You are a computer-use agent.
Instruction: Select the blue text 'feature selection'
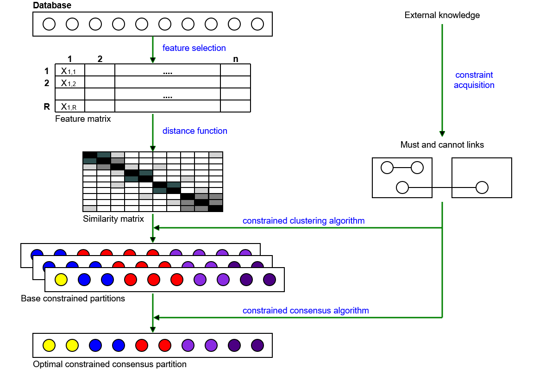tap(194, 48)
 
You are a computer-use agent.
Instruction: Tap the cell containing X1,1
tap(69, 70)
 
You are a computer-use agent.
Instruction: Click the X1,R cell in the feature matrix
tap(69, 106)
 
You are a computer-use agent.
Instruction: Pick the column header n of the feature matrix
tap(236, 59)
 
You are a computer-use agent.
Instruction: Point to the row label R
tap(46, 106)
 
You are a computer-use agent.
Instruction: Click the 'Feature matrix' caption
tap(83, 119)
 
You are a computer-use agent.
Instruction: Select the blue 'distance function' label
tap(194, 131)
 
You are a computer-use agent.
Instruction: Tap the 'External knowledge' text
tap(442, 15)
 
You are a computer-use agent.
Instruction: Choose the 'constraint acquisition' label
tap(474, 80)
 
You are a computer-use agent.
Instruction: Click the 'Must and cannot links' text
tap(442, 145)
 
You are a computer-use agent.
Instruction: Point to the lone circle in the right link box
tap(482, 187)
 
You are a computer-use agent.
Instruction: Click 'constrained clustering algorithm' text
tap(303, 221)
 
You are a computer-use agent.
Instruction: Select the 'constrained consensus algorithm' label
tap(306, 310)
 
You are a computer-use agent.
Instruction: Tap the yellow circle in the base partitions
tap(61, 280)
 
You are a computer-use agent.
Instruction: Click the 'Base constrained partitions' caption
tap(73, 299)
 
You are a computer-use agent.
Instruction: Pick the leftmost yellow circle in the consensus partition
tap(49, 345)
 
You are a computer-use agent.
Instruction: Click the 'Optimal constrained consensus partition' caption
tap(109, 364)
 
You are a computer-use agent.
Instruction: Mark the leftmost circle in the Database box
tap(49, 24)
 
